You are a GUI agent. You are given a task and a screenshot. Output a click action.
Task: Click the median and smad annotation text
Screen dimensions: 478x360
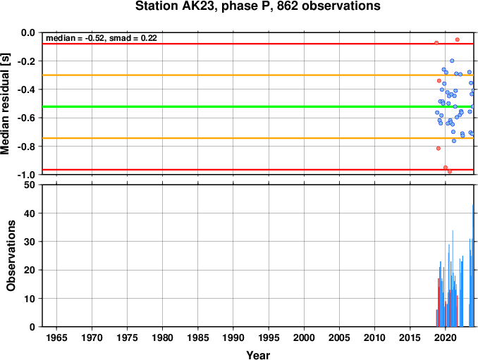[102, 38]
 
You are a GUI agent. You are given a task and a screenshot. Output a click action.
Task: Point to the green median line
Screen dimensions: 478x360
[258, 106]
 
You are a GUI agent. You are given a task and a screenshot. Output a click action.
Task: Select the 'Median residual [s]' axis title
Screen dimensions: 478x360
[5, 104]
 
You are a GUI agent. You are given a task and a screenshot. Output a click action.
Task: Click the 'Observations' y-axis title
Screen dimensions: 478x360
[11, 256]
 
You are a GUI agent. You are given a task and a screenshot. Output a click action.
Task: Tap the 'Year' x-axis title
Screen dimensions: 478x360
[258, 355]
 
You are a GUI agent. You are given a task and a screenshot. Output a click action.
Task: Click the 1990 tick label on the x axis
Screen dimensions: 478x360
[233, 337]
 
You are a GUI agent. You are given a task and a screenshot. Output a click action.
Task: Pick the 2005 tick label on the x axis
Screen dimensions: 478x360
[339, 337]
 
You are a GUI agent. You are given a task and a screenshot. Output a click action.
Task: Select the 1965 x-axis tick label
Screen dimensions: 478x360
[56, 337]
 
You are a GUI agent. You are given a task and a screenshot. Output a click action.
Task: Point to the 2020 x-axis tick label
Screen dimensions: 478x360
[446, 337]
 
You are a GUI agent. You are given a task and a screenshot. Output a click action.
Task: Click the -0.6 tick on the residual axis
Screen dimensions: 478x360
[26, 118]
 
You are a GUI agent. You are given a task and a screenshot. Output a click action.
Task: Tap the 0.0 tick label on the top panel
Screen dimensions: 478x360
[28, 32]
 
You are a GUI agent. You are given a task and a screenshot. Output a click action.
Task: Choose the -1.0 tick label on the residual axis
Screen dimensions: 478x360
[26, 175]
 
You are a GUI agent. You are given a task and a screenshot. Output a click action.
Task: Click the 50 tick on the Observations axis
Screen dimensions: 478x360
[30, 185]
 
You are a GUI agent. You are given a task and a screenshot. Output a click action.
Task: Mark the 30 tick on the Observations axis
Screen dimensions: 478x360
[30, 242]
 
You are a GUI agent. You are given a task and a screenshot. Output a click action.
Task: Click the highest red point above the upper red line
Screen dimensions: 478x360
[458, 39]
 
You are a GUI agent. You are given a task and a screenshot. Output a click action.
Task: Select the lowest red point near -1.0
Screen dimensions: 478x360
[450, 171]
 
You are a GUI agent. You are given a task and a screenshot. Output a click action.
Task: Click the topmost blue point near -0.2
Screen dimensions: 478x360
[452, 61]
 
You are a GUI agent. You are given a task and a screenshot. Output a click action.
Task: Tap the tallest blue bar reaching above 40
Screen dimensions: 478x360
[473, 266]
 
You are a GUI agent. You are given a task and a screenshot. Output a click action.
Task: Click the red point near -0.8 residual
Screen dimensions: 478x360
[439, 149]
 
